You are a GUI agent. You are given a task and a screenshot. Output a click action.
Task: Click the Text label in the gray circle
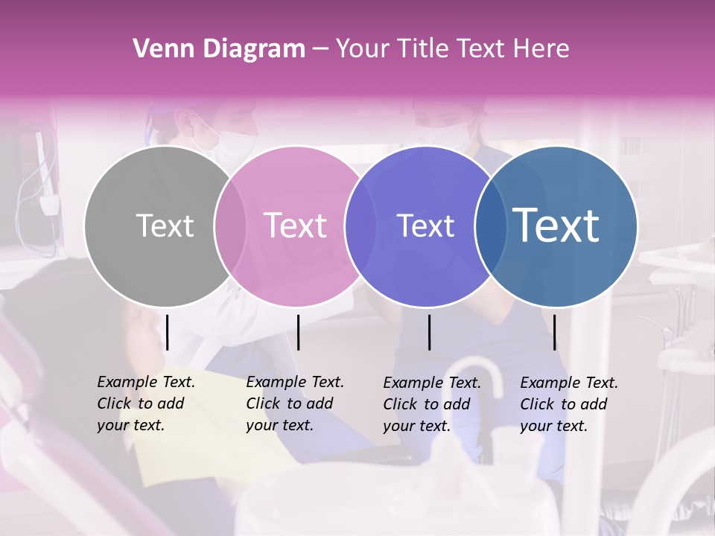tap(165, 226)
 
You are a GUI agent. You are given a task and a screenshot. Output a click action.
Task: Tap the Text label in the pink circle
tap(296, 226)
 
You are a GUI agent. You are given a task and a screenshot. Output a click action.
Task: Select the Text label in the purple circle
tap(425, 226)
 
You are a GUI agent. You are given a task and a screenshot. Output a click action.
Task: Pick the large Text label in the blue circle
tap(556, 226)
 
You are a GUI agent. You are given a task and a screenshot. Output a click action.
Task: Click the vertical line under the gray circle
tap(168, 332)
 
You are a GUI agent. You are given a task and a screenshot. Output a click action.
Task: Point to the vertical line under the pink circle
tap(298, 332)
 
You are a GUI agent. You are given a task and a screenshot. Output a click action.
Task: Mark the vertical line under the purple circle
tap(430, 332)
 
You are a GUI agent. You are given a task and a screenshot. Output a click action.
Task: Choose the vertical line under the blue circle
tap(555, 332)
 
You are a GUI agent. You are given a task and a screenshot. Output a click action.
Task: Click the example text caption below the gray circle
tap(146, 403)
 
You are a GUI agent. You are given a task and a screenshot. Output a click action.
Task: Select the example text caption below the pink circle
tap(295, 403)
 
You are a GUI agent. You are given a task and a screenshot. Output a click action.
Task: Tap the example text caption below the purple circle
tap(432, 404)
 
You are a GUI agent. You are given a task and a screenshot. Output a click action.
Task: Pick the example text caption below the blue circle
tap(569, 404)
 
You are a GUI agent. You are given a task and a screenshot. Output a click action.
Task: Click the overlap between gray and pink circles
tap(229, 226)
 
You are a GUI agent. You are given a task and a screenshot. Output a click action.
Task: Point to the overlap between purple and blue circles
tap(490, 226)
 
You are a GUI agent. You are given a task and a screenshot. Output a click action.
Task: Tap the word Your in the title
tap(363, 49)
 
